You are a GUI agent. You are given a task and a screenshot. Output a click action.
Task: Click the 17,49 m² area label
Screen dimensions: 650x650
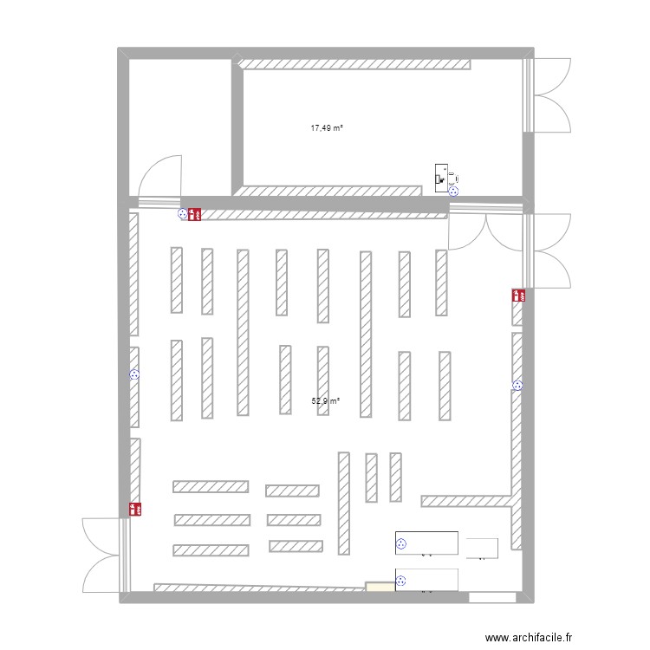(x=327, y=128)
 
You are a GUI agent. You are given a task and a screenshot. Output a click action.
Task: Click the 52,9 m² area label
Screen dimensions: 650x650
(x=325, y=401)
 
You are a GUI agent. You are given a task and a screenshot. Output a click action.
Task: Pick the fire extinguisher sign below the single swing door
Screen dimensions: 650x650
(x=195, y=212)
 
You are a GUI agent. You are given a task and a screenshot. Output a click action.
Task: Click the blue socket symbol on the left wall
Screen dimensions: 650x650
(x=134, y=375)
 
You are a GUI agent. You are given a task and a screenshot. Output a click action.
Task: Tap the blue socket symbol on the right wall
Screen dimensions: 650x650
(x=518, y=386)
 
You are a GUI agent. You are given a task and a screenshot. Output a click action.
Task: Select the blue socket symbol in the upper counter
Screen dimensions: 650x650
(x=401, y=544)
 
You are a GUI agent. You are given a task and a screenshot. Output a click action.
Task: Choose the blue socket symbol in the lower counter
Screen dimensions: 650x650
(x=401, y=582)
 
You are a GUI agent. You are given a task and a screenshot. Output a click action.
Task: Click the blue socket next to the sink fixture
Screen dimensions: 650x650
(x=453, y=192)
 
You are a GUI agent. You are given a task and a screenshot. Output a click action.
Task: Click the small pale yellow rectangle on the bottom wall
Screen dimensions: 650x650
(x=380, y=588)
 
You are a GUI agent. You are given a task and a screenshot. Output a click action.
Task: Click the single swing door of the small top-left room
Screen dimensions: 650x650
(x=160, y=178)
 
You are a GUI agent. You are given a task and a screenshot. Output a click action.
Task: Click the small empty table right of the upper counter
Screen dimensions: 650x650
(x=482, y=548)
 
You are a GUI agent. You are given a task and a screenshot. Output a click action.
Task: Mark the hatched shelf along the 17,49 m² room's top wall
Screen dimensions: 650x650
(x=355, y=64)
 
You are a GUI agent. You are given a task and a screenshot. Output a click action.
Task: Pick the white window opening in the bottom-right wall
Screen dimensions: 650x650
(x=491, y=598)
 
